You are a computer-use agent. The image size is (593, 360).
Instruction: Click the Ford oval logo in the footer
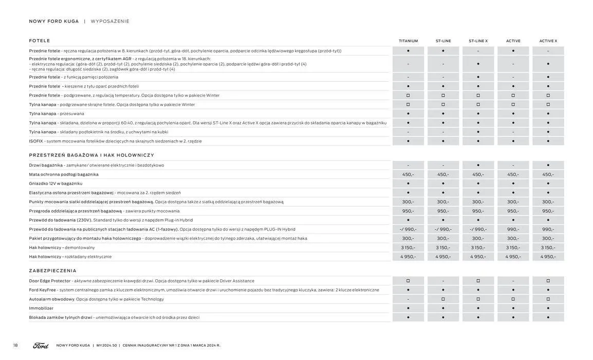(41, 346)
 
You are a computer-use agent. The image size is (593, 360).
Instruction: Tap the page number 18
(15, 346)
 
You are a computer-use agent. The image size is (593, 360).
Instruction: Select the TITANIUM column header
(408, 41)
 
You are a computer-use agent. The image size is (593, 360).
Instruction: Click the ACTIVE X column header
(548, 41)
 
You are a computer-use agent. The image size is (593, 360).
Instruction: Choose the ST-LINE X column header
(478, 41)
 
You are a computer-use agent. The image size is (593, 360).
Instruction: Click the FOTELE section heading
(40, 41)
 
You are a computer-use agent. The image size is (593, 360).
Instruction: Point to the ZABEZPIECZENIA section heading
(52, 271)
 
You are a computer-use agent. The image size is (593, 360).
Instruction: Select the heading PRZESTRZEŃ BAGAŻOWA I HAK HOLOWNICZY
(91, 155)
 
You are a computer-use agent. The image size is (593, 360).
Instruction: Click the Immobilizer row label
(41, 309)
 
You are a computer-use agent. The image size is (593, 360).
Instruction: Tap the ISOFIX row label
(36, 141)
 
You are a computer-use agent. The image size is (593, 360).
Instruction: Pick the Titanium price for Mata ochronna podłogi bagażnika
(408, 174)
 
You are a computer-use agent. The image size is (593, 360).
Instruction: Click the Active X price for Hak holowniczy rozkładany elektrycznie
(548, 257)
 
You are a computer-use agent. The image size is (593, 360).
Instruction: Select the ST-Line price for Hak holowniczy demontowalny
(443, 248)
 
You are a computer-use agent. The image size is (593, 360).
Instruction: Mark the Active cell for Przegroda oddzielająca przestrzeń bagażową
(513, 211)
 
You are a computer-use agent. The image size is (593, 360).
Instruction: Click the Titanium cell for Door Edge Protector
(408, 281)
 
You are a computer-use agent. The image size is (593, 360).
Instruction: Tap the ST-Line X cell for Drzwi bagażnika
(478, 165)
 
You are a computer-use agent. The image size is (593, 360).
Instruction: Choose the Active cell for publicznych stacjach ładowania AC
(513, 229)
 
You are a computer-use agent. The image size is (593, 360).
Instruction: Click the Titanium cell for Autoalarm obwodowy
(408, 299)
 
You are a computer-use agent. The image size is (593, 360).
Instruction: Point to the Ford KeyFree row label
(42, 290)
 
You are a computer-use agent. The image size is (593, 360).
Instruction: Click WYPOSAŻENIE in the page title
(110, 22)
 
